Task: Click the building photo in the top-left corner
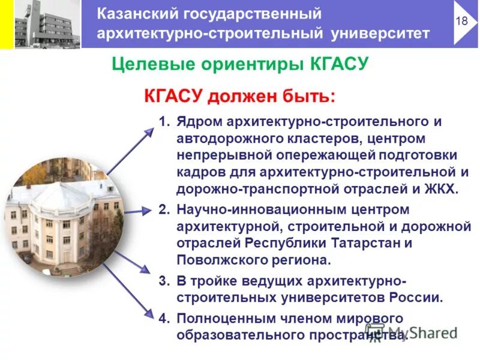46,24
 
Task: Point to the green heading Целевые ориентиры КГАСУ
239,64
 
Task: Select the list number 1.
164,122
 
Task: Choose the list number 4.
164,317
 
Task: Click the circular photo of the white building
63,214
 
